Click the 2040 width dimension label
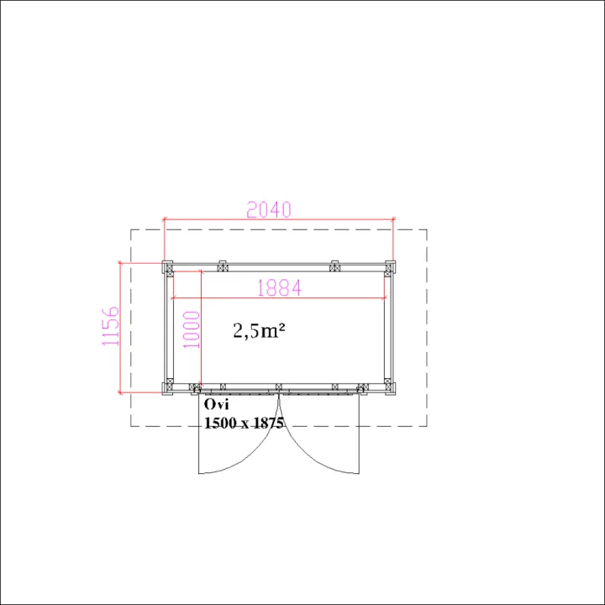269,209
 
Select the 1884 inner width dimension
279,288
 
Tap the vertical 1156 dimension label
110,326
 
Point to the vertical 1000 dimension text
192,330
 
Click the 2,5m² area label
259,330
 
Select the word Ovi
216,404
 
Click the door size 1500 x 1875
244,423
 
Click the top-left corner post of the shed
168,267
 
